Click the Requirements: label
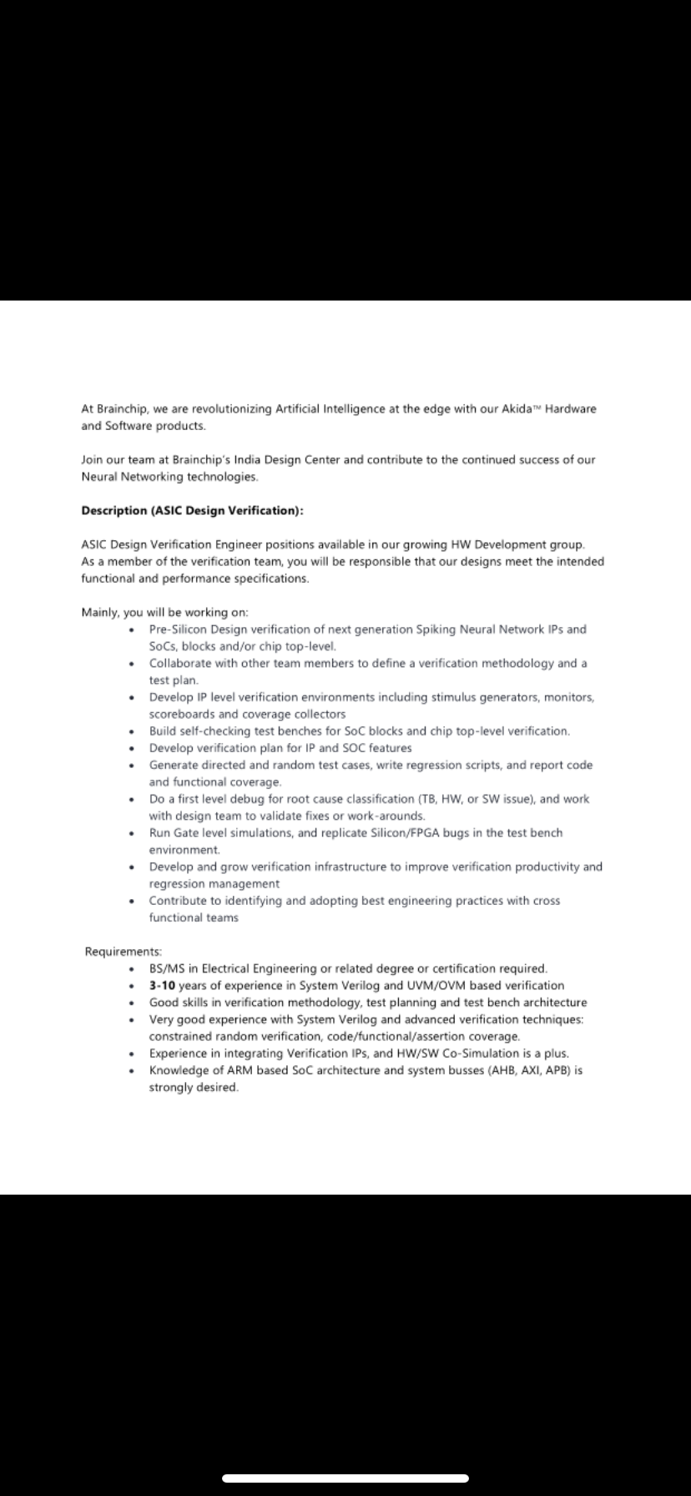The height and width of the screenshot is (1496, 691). point(123,952)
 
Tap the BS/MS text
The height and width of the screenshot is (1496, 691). point(167,969)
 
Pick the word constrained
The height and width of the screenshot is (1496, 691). point(180,1037)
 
